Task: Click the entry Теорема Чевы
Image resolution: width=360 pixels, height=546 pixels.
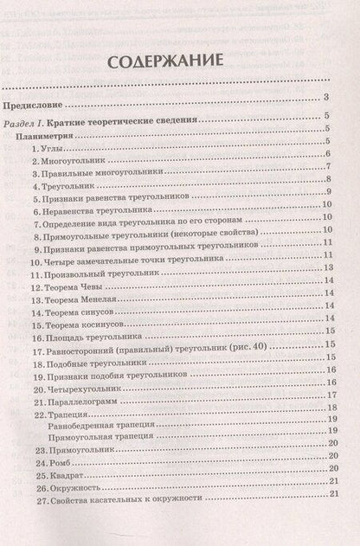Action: (x=72, y=285)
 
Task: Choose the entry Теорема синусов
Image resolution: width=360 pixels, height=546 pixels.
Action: (x=79, y=315)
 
